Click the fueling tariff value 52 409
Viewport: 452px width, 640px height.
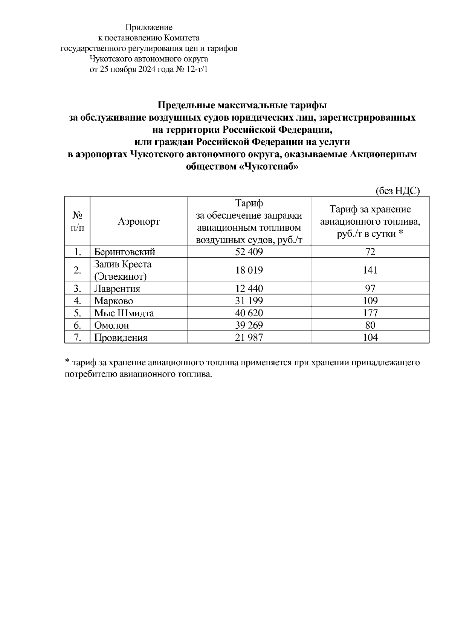point(249,252)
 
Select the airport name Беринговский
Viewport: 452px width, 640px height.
point(124,252)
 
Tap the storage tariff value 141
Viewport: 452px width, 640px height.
point(370,270)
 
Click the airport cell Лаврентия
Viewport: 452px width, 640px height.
point(117,289)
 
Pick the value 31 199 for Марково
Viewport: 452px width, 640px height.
point(249,301)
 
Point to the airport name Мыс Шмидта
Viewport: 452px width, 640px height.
point(124,313)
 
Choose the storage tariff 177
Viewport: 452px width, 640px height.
point(370,313)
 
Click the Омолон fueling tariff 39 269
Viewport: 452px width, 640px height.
point(249,325)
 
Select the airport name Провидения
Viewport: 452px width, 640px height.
point(121,337)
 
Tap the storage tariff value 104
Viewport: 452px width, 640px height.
point(370,337)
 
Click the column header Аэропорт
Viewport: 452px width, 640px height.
point(139,221)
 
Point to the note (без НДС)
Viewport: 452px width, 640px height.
point(398,191)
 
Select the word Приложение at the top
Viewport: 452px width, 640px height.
point(149,27)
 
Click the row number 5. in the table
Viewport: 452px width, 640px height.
point(78,313)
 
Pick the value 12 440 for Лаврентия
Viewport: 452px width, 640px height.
point(249,289)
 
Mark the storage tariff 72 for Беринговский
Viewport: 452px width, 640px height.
point(370,252)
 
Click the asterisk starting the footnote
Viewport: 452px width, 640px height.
point(67,362)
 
